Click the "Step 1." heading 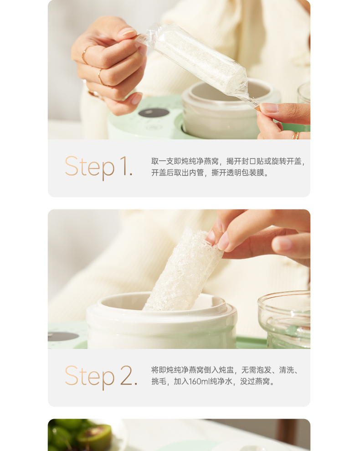[98, 166]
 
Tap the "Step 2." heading [101, 376]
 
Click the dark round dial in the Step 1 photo [154, 113]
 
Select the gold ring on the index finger [85, 55]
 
